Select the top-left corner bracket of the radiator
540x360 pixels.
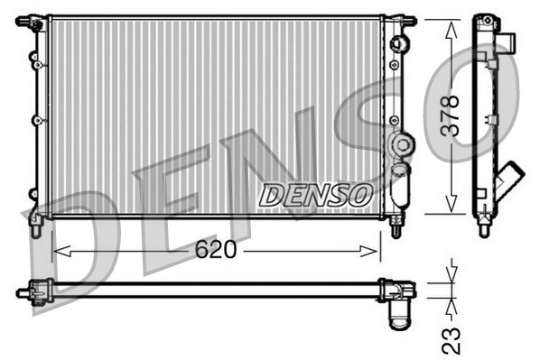tap(34, 20)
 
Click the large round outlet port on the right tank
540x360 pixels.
tap(400, 143)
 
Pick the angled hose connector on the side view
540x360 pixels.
tap(512, 173)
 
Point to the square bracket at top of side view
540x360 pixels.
tap(509, 42)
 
